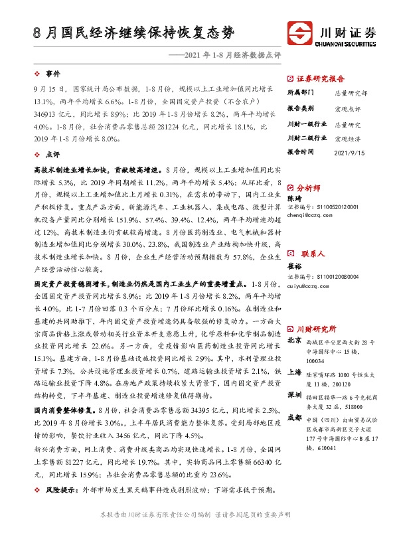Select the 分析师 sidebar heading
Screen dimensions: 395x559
pos(309,188)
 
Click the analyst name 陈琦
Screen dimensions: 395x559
pos(293,197)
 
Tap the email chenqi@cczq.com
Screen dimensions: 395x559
pos(310,214)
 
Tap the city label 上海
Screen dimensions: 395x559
pos(293,372)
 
